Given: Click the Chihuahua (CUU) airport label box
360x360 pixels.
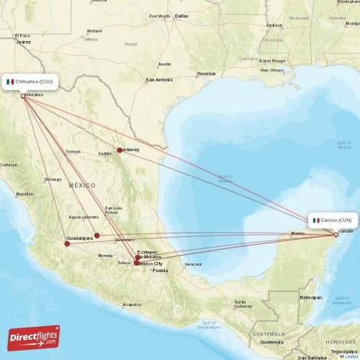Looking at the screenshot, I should click(30, 82).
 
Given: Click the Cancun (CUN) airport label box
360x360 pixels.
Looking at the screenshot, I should click(332, 220).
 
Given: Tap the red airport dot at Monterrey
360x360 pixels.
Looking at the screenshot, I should click(120, 150).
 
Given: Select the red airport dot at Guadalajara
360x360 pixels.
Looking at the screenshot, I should click(66, 243).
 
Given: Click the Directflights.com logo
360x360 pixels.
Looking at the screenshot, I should click(35, 337).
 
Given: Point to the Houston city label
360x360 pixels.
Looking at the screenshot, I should click(206, 73).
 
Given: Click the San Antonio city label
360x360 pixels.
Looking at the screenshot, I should click(159, 79).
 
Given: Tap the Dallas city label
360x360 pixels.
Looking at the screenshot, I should click(181, 16).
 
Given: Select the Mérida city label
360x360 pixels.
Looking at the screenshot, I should click(297, 234).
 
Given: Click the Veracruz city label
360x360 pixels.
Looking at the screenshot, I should click(193, 264).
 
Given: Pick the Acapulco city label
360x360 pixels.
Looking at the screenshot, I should click(132, 304).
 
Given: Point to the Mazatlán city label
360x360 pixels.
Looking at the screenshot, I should click(24, 194).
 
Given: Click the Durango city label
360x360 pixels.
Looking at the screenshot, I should click(53, 179).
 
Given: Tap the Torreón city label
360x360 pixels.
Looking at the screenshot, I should click(73, 152).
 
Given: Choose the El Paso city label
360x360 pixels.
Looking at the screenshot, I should click(23, 35).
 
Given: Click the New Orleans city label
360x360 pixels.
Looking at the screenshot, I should click(272, 70).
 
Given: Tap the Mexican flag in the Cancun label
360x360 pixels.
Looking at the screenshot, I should click(316, 220).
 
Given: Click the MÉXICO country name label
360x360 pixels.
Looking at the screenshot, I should click(82, 186).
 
